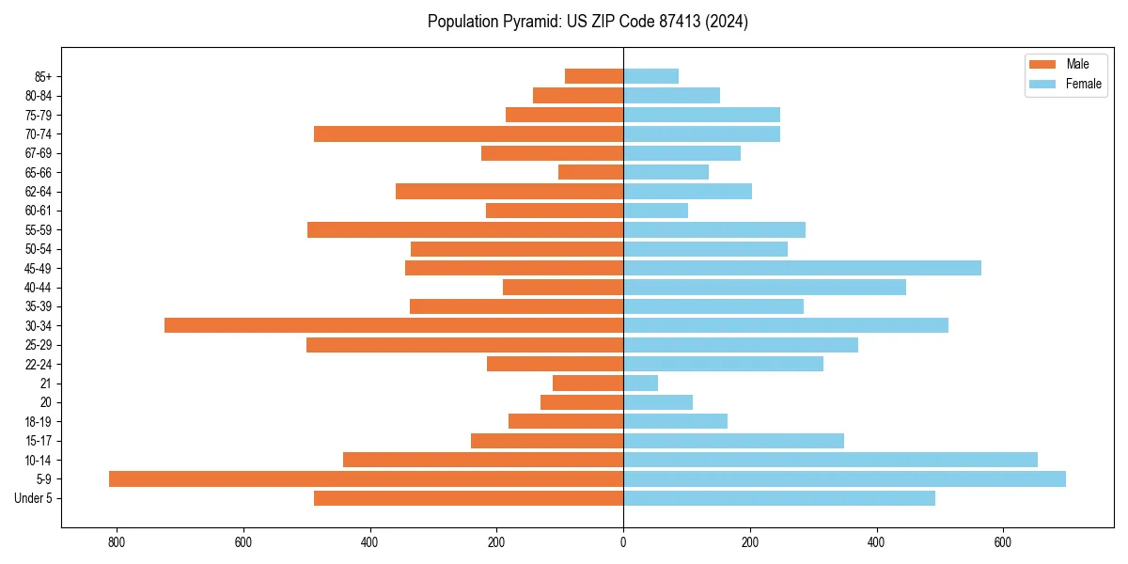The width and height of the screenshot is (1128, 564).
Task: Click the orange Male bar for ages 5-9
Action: (366, 478)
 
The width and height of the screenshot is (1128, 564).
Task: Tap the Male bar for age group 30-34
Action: (394, 325)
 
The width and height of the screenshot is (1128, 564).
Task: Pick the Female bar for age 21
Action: (640, 383)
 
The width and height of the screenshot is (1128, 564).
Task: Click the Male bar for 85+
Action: (594, 76)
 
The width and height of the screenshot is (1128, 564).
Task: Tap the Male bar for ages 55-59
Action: (465, 229)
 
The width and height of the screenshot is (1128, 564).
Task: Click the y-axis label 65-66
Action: (39, 172)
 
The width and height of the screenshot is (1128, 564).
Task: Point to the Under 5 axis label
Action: (34, 498)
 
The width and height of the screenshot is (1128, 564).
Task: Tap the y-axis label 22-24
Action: (39, 364)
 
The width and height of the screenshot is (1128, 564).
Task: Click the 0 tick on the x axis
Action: (623, 541)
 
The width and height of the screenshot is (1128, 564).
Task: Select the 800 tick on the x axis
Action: (117, 541)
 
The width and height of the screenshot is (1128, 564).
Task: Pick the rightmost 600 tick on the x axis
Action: (1003, 541)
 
